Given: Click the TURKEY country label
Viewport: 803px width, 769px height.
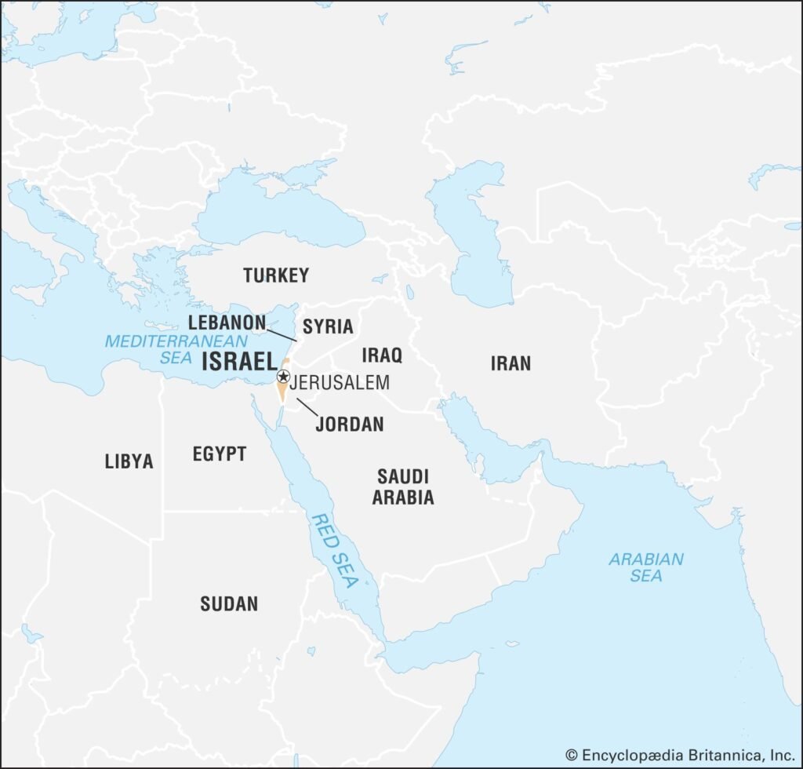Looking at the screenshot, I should (275, 275).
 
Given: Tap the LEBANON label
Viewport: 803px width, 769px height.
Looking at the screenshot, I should (227, 322).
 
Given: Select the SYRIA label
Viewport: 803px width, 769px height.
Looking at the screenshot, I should (328, 326).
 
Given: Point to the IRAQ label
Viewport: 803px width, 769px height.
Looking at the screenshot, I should (382, 355).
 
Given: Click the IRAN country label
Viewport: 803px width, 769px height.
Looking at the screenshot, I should (511, 363).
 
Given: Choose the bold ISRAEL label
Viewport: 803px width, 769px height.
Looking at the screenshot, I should (238, 363).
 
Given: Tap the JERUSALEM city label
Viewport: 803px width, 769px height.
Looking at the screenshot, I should (339, 384).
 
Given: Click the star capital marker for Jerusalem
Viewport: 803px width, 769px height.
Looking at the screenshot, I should (283, 377).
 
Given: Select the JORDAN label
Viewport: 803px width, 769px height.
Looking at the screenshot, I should (350, 425).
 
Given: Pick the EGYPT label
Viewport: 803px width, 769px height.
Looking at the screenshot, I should (219, 454).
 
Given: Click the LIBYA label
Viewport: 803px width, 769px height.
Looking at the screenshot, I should (129, 461).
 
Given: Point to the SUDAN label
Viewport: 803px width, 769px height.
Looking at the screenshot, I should (228, 603).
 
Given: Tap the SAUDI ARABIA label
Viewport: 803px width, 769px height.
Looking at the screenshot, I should (403, 487).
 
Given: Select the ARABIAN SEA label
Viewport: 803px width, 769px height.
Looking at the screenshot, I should (646, 567).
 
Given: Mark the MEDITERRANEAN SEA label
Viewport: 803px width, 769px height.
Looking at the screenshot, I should (176, 349).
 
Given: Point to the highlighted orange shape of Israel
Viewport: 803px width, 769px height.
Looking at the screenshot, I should (281, 391).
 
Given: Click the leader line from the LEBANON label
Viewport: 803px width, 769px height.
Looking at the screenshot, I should (282, 333).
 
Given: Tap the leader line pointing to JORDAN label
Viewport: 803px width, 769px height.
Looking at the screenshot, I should (307, 406).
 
